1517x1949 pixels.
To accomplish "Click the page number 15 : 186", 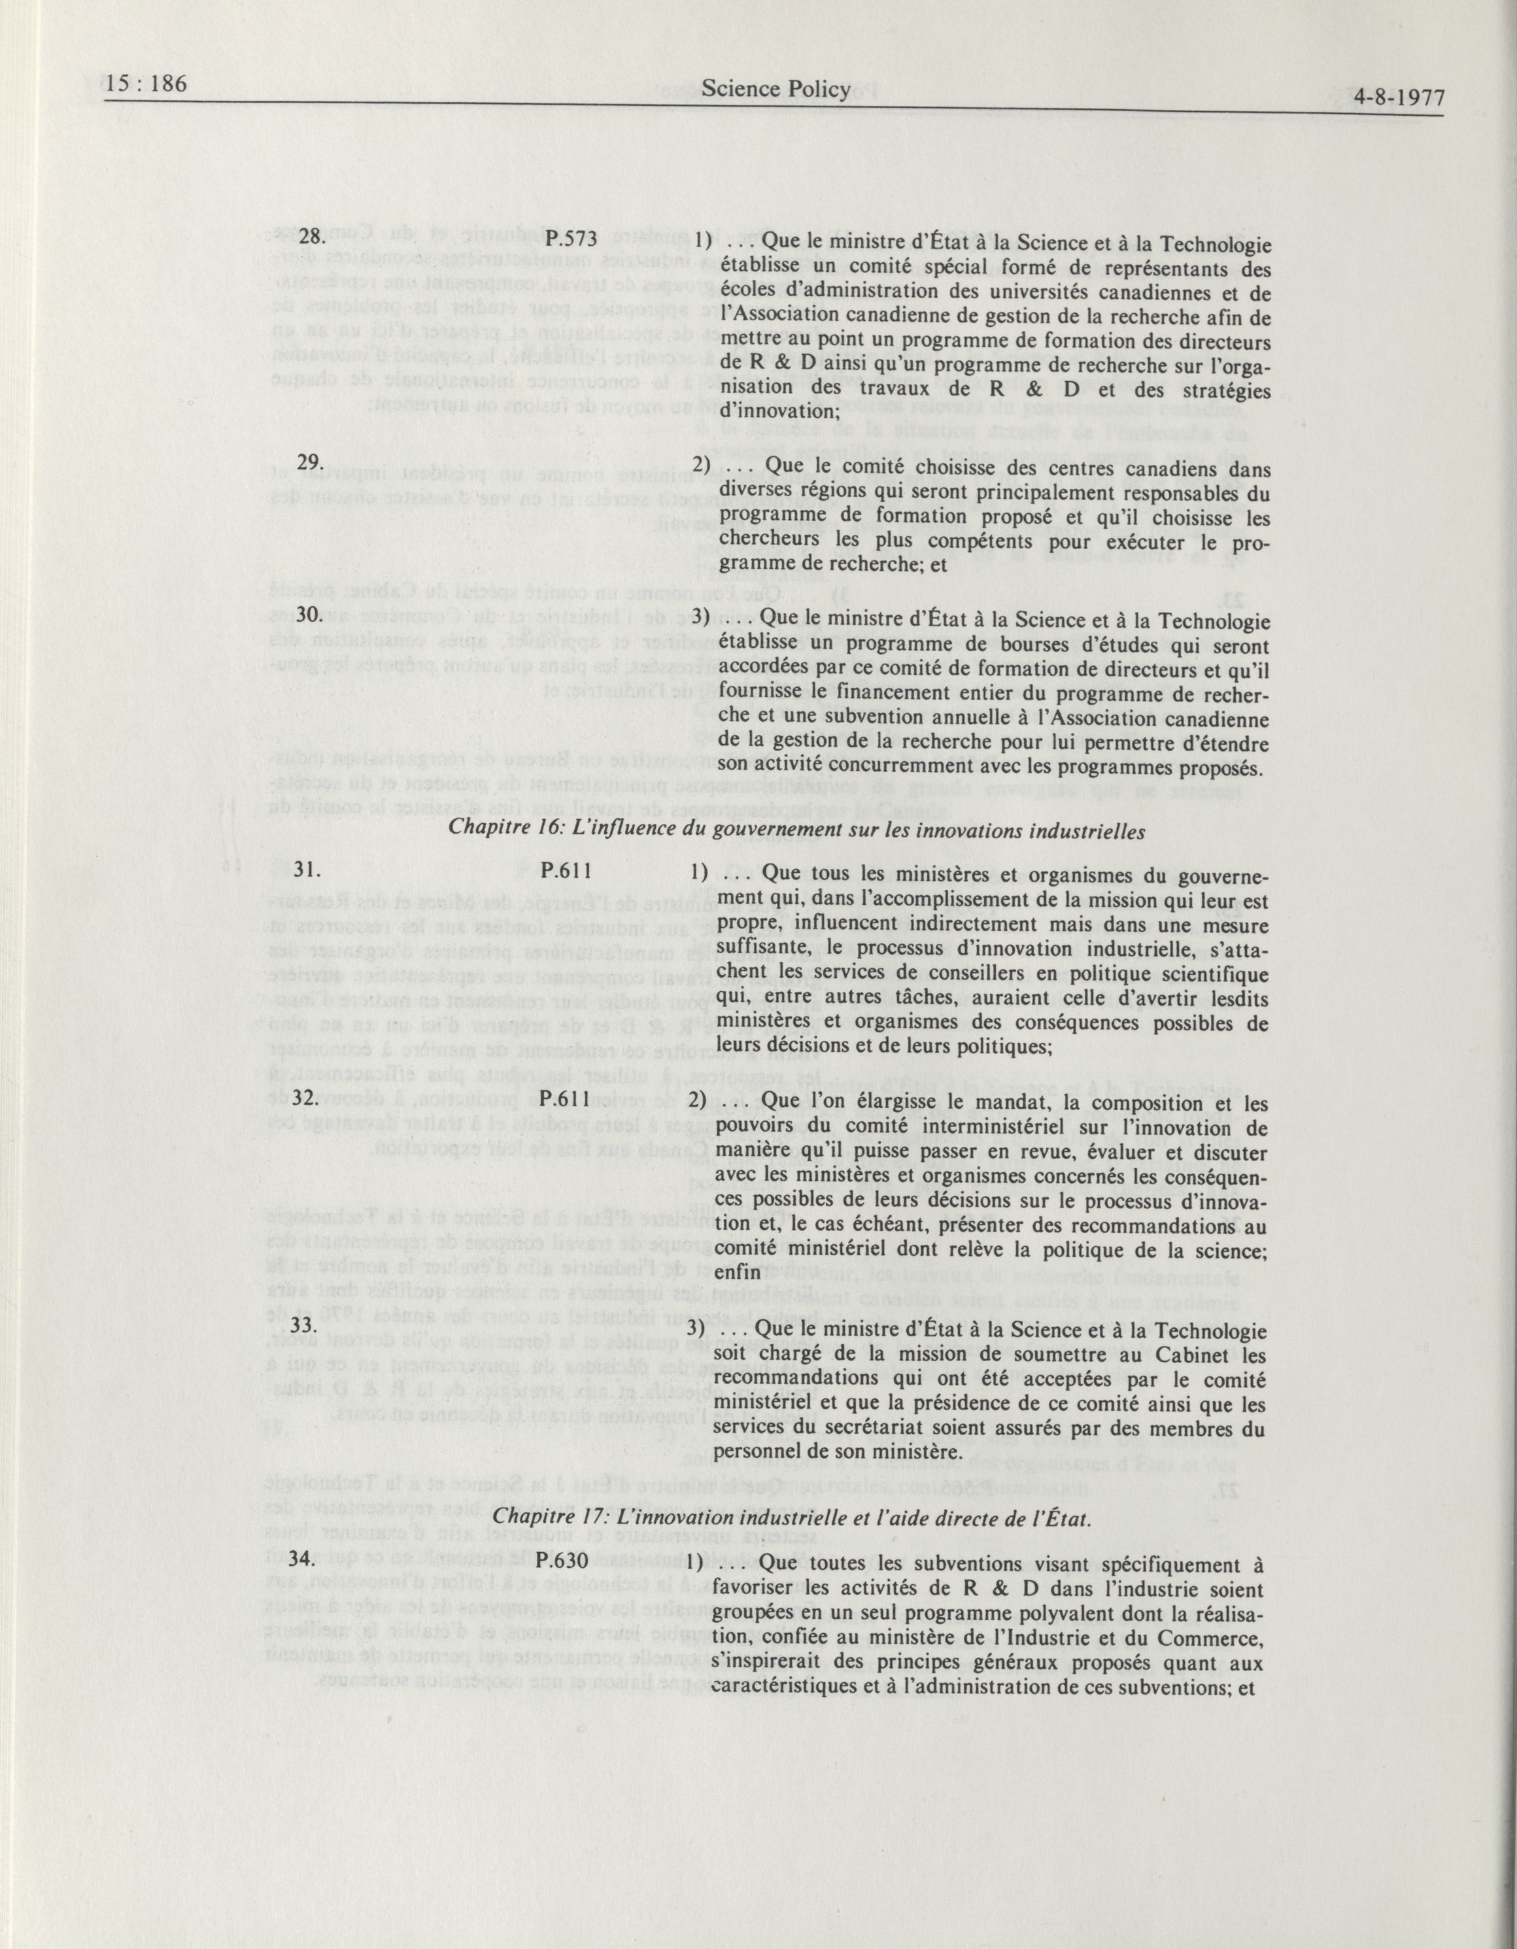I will [145, 85].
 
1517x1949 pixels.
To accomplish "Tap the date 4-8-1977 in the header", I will [1397, 96].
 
